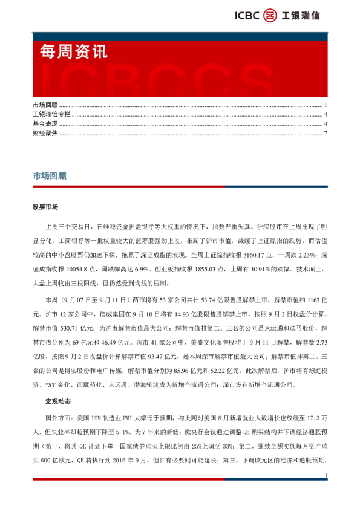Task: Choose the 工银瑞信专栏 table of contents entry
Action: coord(51,114)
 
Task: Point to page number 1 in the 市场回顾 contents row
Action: coord(326,105)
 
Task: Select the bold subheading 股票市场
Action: coord(46,207)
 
